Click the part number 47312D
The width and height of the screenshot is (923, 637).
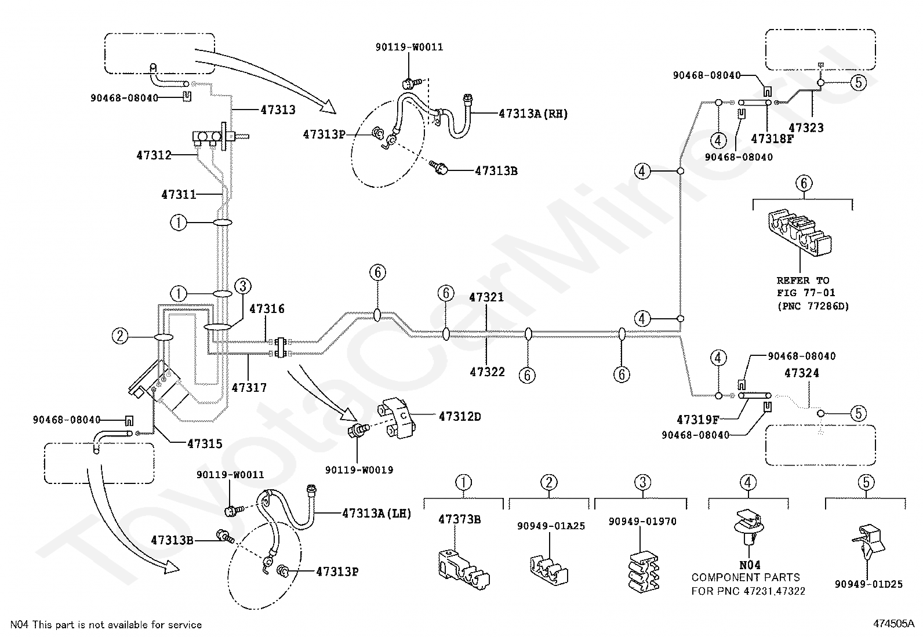click(x=459, y=417)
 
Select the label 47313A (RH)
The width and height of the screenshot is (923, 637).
click(x=533, y=114)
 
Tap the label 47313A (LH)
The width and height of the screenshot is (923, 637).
click(x=377, y=514)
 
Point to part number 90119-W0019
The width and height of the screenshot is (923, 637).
click(x=359, y=469)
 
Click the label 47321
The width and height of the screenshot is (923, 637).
click(x=486, y=297)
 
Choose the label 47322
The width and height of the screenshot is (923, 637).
click(x=487, y=372)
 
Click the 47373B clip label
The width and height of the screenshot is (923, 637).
click(x=459, y=519)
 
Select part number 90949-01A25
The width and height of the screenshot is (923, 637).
click(x=551, y=526)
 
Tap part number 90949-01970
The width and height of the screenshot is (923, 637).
click(x=642, y=521)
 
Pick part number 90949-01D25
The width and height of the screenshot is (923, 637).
click(x=869, y=584)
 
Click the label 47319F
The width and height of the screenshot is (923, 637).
click(x=697, y=420)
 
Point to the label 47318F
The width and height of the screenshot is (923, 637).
click(x=772, y=139)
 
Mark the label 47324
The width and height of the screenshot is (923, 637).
click(x=801, y=373)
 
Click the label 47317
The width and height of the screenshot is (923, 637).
click(x=249, y=387)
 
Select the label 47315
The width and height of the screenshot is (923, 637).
click(x=205, y=444)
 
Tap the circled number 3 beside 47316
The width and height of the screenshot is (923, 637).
click(x=243, y=286)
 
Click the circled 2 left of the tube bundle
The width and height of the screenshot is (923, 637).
click(x=120, y=336)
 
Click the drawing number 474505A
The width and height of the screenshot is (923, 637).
click(x=894, y=624)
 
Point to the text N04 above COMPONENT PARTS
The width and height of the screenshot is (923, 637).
click(x=750, y=565)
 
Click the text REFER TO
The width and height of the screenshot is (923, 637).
click(x=803, y=281)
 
